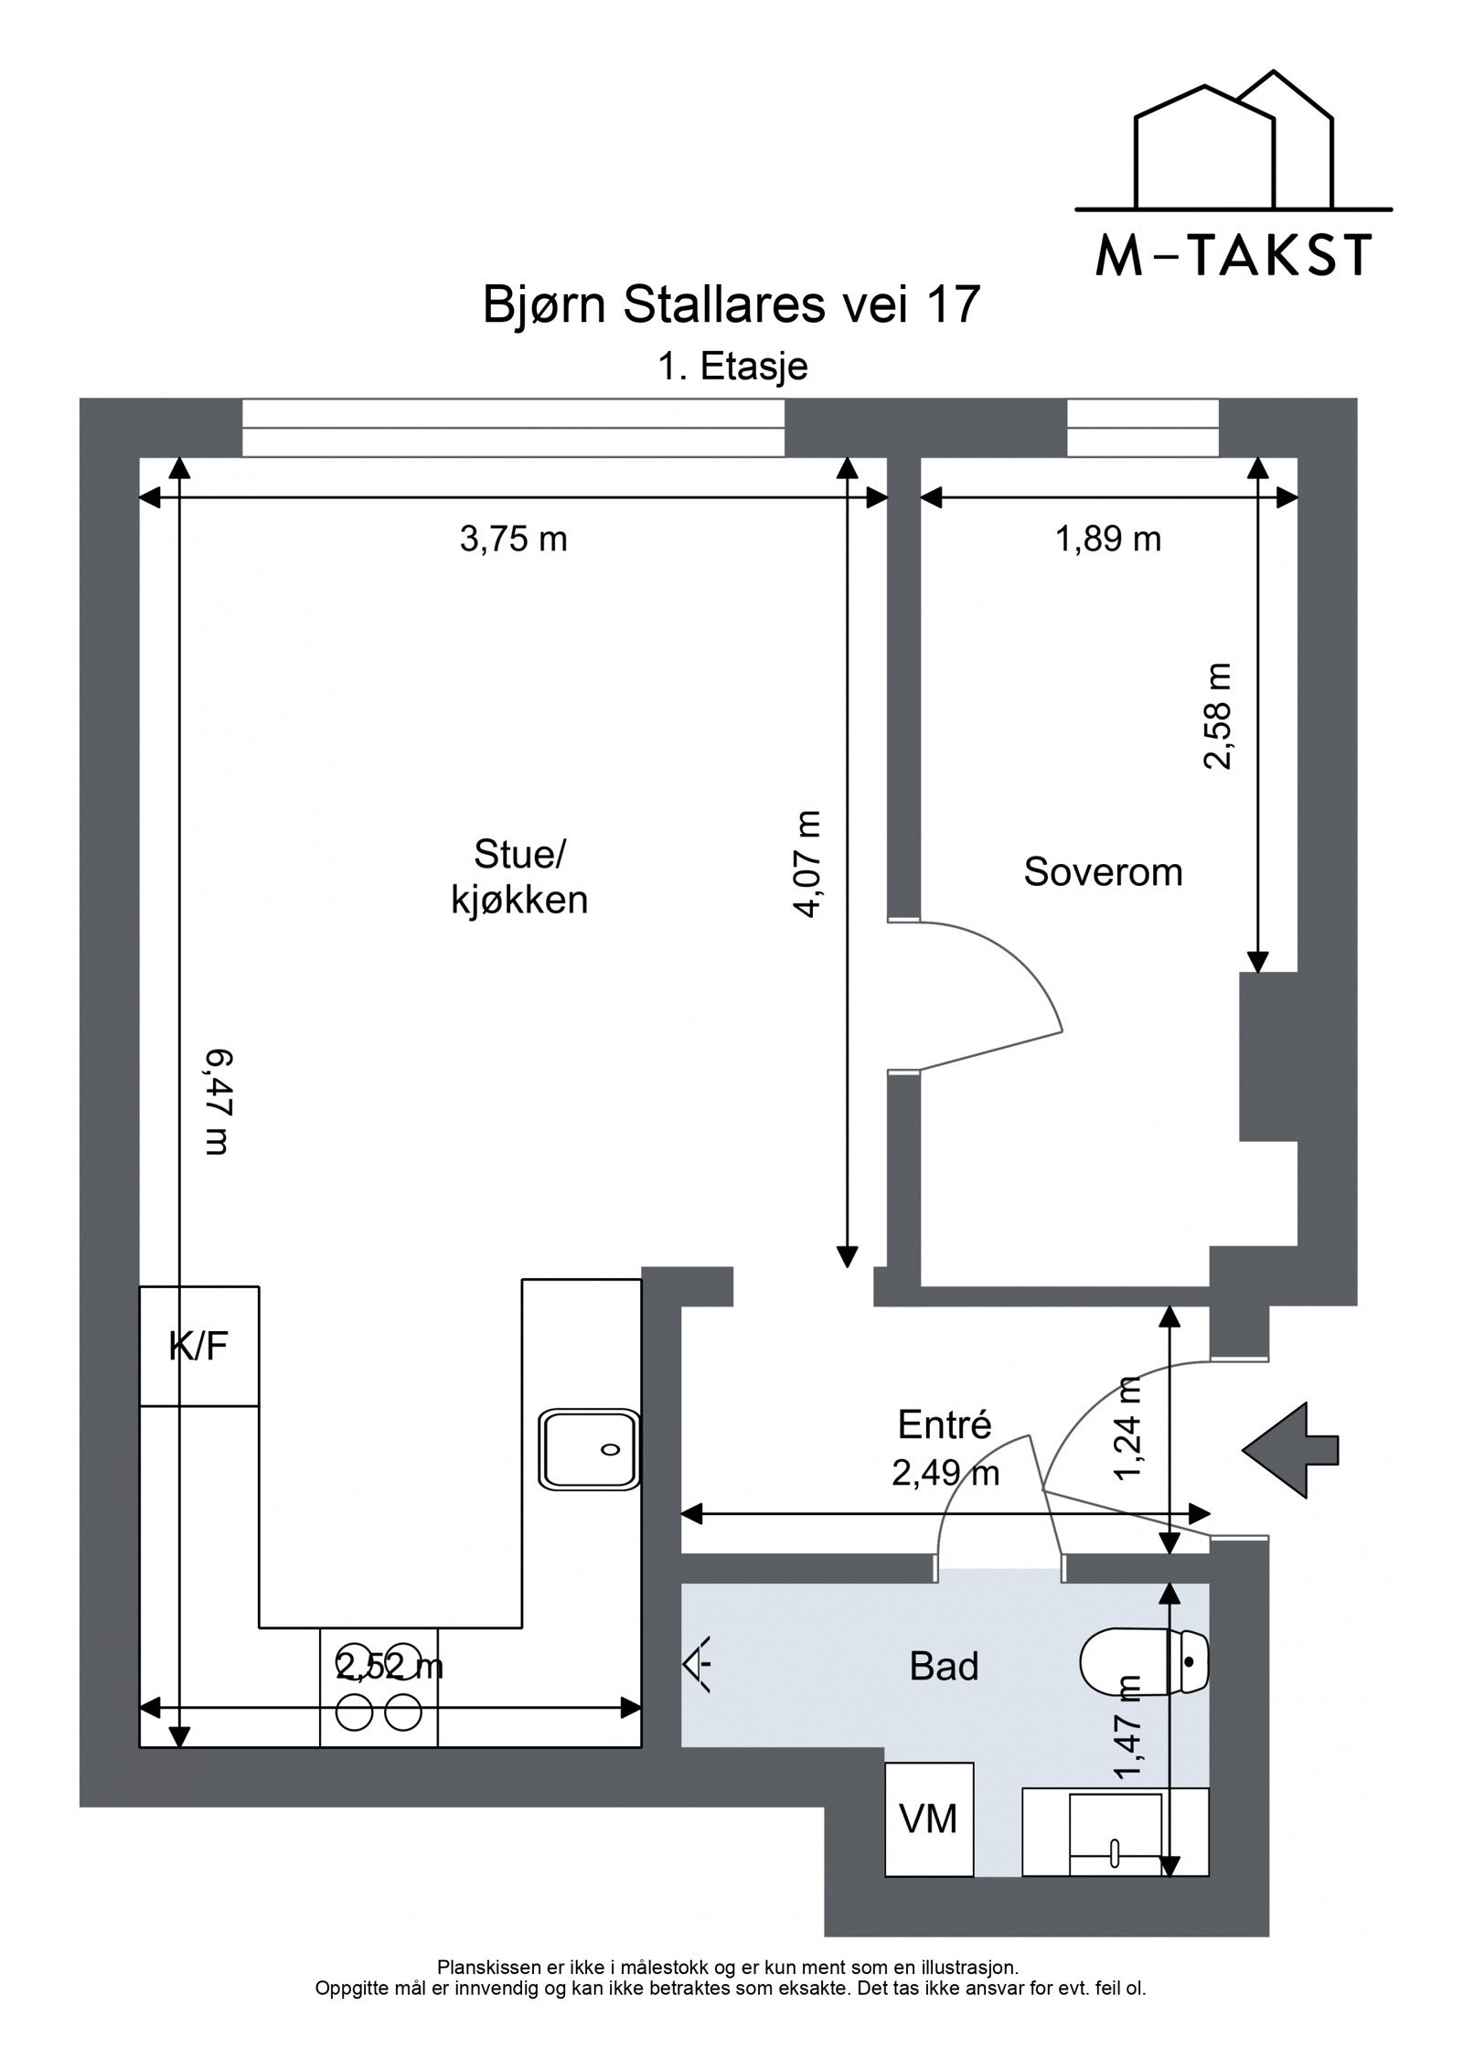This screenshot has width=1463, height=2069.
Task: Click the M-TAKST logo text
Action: click(1233, 255)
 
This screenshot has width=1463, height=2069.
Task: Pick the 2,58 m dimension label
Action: click(1218, 717)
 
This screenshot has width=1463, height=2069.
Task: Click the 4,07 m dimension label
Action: click(810, 864)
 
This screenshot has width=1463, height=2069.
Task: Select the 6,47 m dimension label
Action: click(215, 1103)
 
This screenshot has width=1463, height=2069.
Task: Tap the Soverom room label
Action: click(1103, 872)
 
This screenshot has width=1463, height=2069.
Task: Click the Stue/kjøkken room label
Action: click(519, 879)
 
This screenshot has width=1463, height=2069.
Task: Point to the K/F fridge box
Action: click(199, 1345)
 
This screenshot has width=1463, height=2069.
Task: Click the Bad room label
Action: click(944, 1666)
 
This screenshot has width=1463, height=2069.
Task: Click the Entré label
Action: click(945, 1424)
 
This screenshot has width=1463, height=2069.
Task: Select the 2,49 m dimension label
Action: click(945, 1473)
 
